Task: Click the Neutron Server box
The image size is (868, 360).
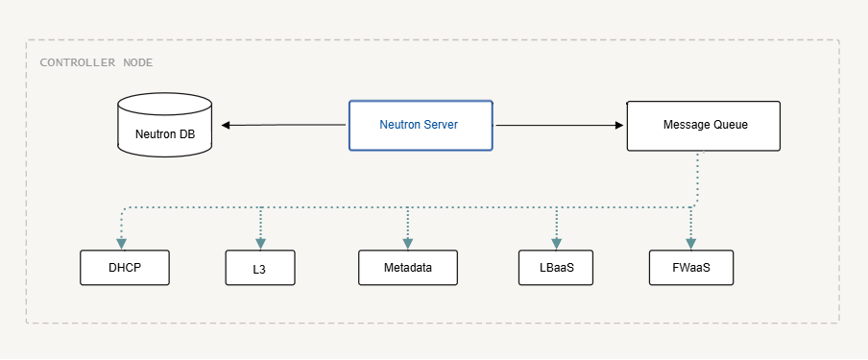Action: coord(421,125)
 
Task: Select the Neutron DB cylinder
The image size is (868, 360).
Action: coord(165,125)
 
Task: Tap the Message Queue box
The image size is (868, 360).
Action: coord(704,126)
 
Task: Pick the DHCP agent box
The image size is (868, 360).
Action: coord(125,268)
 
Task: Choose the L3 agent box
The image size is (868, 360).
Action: coord(260,268)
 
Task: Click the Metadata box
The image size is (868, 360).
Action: coord(408,268)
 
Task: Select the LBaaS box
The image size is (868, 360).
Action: coord(556,268)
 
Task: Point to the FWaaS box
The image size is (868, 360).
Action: coord(691,268)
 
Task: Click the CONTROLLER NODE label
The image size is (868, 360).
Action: coord(96,62)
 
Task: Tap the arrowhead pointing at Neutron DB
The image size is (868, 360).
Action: coord(226,125)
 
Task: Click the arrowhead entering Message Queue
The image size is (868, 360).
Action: coord(619,125)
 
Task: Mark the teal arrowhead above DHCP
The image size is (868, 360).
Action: coord(122,244)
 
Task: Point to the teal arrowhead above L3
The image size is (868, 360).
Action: coord(261,244)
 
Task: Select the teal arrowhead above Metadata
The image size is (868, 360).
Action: coord(408,244)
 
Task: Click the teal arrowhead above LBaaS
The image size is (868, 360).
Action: coord(557,244)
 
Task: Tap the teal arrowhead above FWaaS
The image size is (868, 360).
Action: coord(691,244)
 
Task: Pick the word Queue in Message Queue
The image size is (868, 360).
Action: coord(730,125)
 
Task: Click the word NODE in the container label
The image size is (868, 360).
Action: coord(138,62)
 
